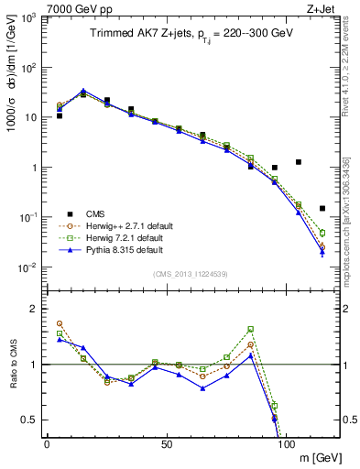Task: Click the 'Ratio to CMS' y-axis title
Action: (x=13, y=364)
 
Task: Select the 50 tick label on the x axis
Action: (x=167, y=443)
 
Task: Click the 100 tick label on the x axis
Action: (x=287, y=443)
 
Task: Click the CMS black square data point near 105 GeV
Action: (x=299, y=162)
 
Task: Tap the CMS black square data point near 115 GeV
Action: (x=322, y=208)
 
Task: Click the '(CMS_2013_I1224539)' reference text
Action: (x=191, y=274)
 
